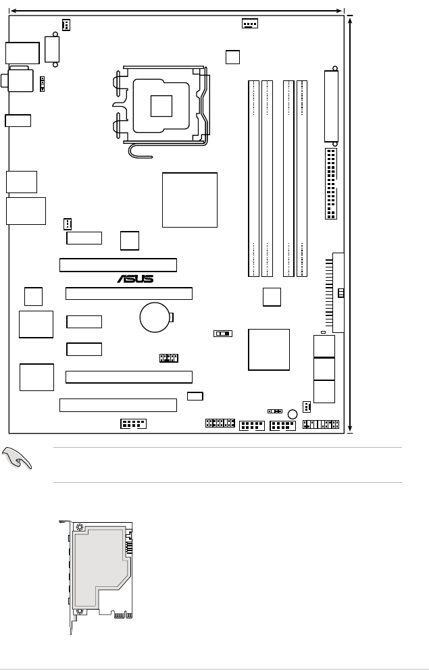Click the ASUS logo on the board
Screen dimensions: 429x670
[x=135, y=279]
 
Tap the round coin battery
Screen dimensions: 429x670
[x=155, y=317]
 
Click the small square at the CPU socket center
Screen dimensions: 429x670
[x=161, y=106]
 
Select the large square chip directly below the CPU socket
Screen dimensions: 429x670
[x=190, y=200]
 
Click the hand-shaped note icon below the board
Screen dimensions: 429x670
[x=16, y=458]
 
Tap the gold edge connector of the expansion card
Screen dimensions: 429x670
[x=123, y=615]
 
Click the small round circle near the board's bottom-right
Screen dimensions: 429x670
[x=293, y=414]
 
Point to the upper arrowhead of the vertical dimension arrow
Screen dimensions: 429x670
[x=350, y=19]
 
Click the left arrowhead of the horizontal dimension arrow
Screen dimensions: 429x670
[x=14, y=11]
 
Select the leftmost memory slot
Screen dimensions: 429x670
[x=254, y=178]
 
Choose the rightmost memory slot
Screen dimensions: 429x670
[x=302, y=178]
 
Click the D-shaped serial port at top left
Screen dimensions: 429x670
[x=52, y=49]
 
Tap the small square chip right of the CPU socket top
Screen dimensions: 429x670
[x=232, y=57]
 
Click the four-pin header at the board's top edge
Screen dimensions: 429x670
[x=249, y=23]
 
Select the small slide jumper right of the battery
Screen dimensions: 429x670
[x=223, y=333]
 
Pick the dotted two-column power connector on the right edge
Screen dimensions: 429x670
[x=331, y=184]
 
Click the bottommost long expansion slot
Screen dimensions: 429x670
[x=118, y=405]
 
